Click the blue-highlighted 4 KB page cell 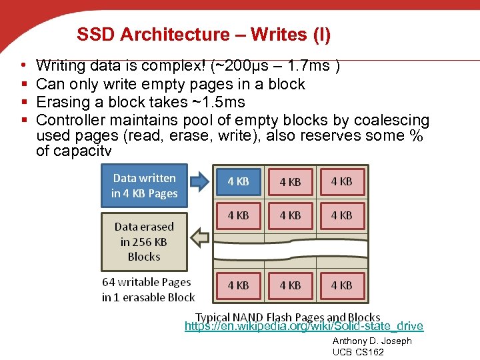pos(238,181)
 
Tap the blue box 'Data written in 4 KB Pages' pos(145,186)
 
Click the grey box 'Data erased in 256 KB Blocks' pos(144,241)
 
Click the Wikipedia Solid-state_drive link pos(303,326)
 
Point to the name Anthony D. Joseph pos(372,341)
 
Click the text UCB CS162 pos(358,352)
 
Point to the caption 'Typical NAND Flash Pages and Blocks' pos(287,317)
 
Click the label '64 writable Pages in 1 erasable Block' pos(148,290)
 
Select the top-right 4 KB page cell pos(342,181)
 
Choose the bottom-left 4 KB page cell pos(238,285)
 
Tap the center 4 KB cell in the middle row pos(290,215)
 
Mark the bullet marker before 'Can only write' pos(24,84)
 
